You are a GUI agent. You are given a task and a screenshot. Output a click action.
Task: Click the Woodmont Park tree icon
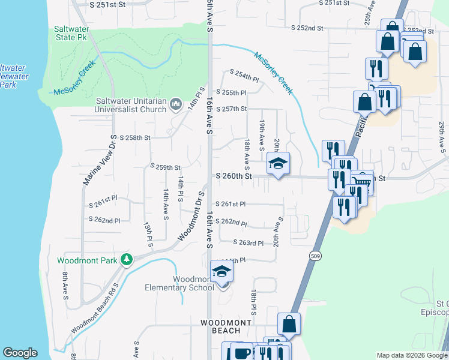[126, 259]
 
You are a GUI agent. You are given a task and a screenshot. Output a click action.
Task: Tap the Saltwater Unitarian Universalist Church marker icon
[176, 104]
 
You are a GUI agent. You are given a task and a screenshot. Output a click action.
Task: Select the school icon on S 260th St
[278, 163]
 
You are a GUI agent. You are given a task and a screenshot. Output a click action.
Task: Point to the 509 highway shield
[315, 256]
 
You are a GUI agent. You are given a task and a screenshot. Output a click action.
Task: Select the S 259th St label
[165, 167]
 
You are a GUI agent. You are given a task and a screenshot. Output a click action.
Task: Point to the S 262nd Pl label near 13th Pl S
[108, 220]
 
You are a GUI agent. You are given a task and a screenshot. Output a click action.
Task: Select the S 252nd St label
[307, 28]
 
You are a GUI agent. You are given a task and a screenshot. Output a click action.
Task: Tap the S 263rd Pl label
[249, 243]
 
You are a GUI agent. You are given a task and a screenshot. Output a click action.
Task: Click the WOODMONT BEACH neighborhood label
[226, 327]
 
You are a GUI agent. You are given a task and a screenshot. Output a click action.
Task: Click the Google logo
[20, 353]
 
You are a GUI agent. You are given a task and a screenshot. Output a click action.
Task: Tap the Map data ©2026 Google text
[411, 355]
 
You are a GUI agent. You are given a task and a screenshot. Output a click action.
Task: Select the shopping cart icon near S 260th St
[361, 182]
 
